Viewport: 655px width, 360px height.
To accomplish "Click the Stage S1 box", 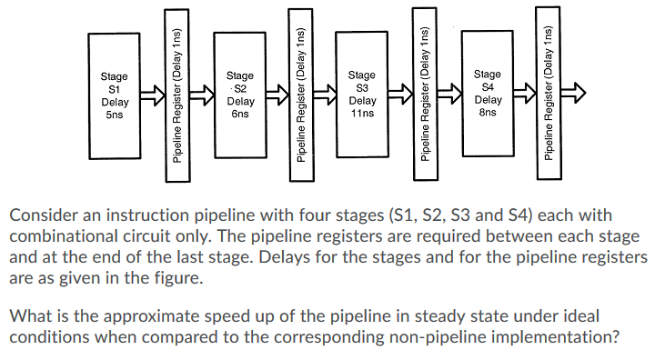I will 114,95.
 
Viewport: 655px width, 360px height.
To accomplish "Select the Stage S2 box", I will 238,95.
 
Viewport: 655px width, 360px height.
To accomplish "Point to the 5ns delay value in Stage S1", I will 114,116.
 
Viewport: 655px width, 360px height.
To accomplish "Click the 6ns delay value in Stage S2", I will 239,115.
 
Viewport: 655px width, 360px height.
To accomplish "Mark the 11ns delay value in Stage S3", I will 362,114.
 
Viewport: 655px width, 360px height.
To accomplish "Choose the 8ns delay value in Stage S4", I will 488,113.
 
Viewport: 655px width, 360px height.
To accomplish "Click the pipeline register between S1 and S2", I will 178,95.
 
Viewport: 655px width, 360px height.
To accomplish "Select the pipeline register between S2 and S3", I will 302,95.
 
